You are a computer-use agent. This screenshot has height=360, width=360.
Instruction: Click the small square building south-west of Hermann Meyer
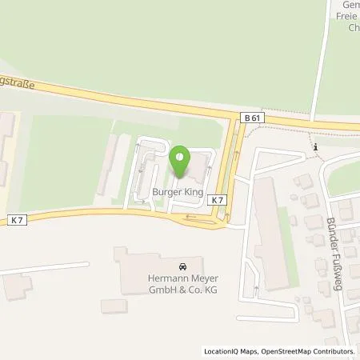tap(112, 306)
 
